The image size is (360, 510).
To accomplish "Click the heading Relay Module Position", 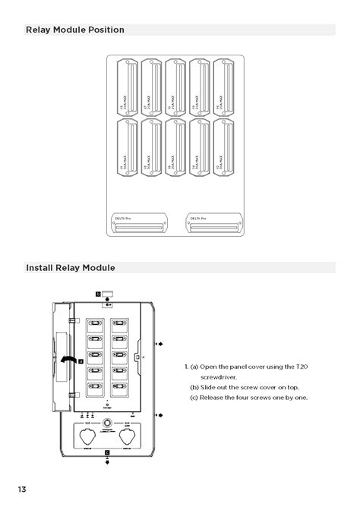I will [x=75, y=30].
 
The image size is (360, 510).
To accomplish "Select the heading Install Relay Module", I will [x=71, y=268].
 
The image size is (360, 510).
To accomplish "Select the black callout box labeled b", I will [x=97, y=292].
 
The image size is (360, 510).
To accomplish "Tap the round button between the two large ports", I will [x=108, y=423].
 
